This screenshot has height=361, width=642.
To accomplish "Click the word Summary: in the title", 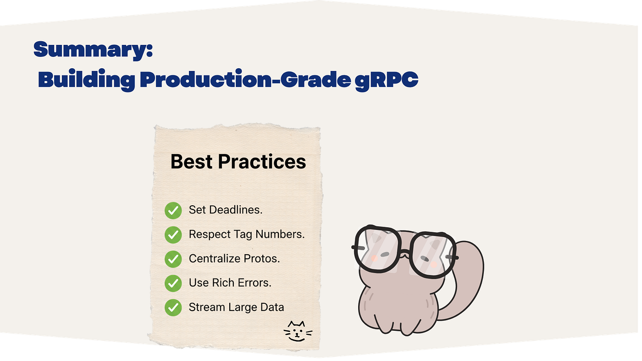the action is click(x=94, y=50).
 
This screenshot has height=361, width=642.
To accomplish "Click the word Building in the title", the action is click(x=87, y=80).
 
